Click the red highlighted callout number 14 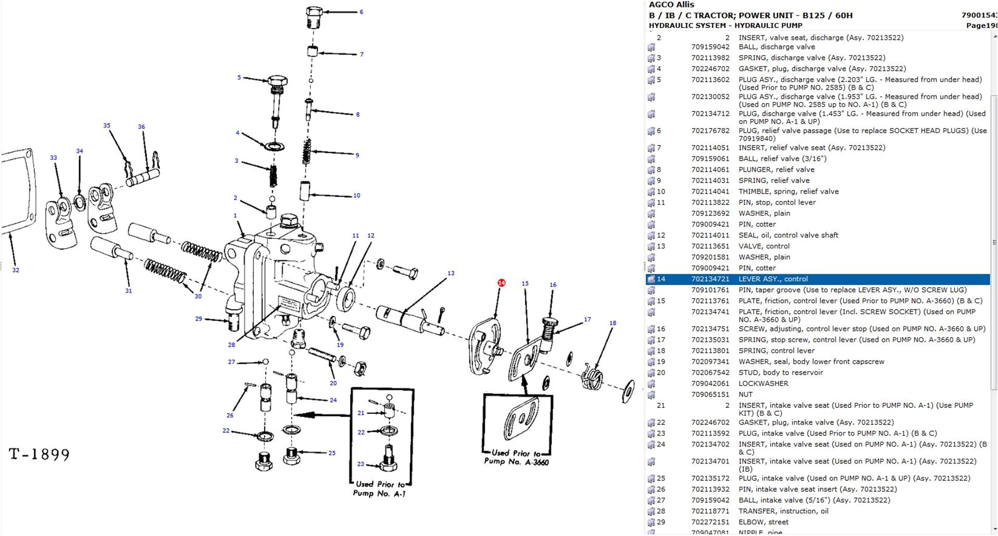point(501,283)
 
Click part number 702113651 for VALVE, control point(710,246)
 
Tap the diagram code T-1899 point(40,454)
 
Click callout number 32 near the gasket point(16,270)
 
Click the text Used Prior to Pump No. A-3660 point(516,457)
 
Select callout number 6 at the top point(361,11)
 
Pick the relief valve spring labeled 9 point(307,151)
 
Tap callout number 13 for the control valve point(451,273)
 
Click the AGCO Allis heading point(671,5)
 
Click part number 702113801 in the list point(710,351)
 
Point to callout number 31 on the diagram point(128,291)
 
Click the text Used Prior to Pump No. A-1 point(379,489)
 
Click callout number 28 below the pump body point(231,344)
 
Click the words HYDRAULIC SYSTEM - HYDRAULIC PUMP point(725,25)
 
